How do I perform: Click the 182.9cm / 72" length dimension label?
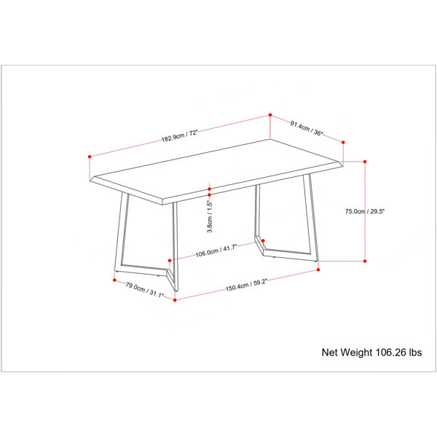[x=179, y=135]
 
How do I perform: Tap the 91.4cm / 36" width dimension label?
[x=307, y=128]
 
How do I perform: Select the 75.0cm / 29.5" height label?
[x=365, y=211]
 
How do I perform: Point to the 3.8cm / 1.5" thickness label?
[x=210, y=216]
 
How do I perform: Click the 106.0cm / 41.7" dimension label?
[x=216, y=251]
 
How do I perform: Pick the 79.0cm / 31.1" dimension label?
[x=145, y=290]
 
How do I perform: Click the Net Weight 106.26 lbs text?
[x=371, y=353]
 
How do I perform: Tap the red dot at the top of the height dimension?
[x=365, y=162]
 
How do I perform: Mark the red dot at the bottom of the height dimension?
[x=365, y=261]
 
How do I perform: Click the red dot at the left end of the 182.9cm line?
[x=90, y=157]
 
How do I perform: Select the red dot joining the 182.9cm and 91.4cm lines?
[x=270, y=115]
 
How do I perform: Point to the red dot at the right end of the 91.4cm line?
[x=343, y=143]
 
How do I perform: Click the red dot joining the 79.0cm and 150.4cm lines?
[x=175, y=300]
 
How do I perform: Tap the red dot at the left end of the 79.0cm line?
[x=114, y=280]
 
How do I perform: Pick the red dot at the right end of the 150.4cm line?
[x=318, y=269]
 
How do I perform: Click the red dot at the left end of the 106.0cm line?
[x=170, y=261]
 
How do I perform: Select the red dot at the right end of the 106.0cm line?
[x=263, y=240]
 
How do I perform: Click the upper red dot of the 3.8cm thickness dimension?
[x=209, y=189]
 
